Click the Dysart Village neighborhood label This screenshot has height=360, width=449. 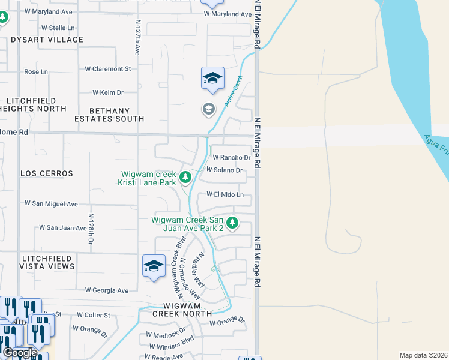tap(47, 40)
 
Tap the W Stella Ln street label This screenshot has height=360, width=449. tap(58, 28)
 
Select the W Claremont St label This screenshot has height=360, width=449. tap(108, 69)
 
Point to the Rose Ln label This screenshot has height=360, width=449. tap(35, 71)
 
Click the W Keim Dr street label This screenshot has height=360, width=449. tap(108, 92)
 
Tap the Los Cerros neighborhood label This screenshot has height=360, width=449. tap(47, 173)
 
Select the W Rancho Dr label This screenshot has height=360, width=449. tap(232, 158)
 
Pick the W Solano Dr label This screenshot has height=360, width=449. tap(224, 170)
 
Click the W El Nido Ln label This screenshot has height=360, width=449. tap(225, 195)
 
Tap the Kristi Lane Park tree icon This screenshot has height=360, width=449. tap(185, 177)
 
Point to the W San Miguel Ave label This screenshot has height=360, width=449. tap(51, 204)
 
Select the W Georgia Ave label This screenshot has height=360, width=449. tap(107, 290)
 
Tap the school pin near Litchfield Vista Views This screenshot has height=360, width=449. tap(154, 266)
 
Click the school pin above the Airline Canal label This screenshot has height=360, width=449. tap(212, 79)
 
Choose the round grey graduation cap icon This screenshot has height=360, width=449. tap(208, 109)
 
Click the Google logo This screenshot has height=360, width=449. tap(20, 353)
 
